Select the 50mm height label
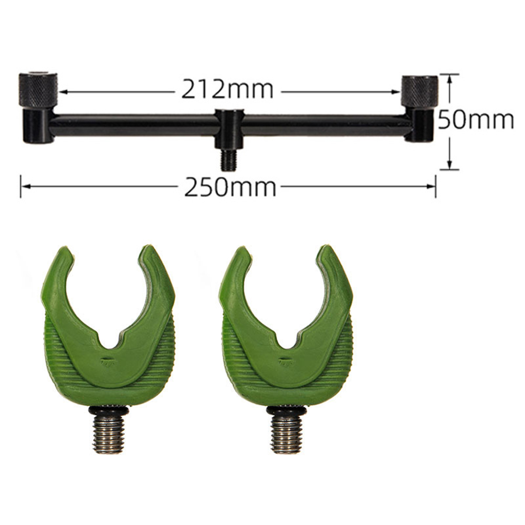476,119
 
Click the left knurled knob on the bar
38,90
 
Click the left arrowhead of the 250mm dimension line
26,186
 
